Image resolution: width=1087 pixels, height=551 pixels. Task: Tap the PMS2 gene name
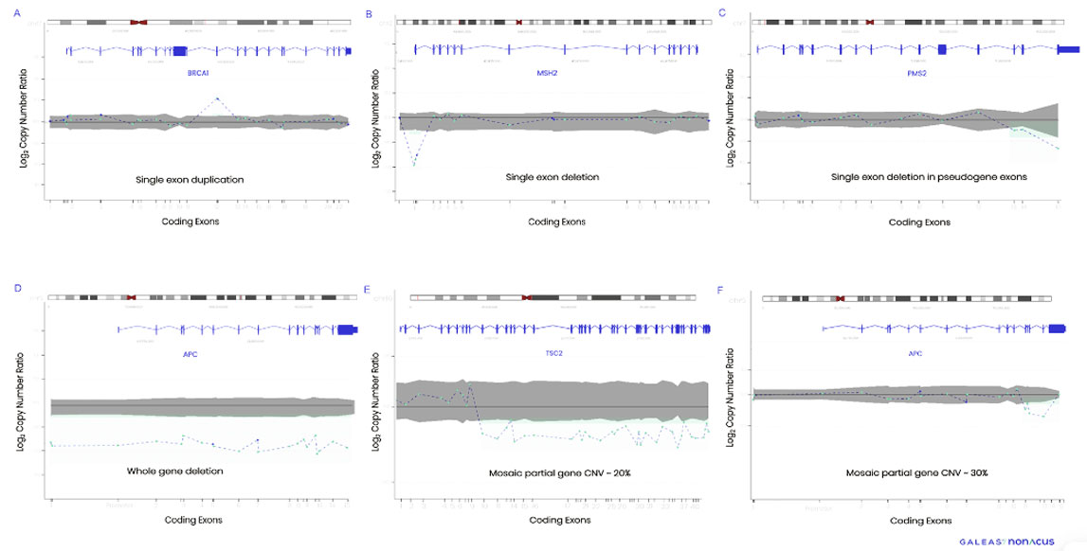tap(913, 71)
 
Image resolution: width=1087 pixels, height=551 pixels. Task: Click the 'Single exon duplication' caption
tap(190, 179)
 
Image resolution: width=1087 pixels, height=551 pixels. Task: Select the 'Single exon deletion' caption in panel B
tap(553, 177)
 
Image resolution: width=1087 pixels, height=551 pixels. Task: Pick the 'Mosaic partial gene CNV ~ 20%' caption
tap(552, 471)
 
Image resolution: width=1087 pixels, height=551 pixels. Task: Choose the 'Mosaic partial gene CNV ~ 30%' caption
tap(917, 471)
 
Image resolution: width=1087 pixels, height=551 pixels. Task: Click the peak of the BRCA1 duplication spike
tap(218, 98)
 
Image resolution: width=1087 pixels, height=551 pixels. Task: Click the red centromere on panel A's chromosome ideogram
tap(139, 21)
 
